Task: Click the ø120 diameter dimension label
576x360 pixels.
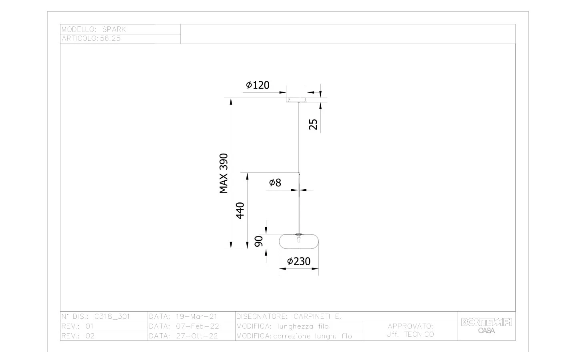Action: click(x=258, y=85)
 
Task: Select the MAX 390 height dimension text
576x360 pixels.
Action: click(x=224, y=173)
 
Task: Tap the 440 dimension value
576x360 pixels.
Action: click(x=240, y=210)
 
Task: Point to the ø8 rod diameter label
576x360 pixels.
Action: click(x=275, y=183)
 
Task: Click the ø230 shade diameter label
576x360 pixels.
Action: click(x=299, y=262)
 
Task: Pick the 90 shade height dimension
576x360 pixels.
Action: click(x=259, y=241)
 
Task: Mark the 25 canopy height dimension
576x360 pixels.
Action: click(x=313, y=124)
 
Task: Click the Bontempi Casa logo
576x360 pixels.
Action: click(x=486, y=326)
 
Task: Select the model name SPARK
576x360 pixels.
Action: click(x=114, y=29)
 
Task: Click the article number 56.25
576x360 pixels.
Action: click(x=110, y=38)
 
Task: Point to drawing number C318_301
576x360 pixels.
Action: click(x=112, y=316)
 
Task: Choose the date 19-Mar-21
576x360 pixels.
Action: click(x=196, y=316)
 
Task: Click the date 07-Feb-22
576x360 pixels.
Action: click(x=198, y=326)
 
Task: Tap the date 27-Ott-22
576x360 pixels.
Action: click(x=197, y=336)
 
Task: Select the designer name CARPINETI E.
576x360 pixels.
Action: click(x=317, y=316)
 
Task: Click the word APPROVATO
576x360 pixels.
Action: click(x=410, y=326)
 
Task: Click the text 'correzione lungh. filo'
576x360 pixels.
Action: click(x=312, y=336)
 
